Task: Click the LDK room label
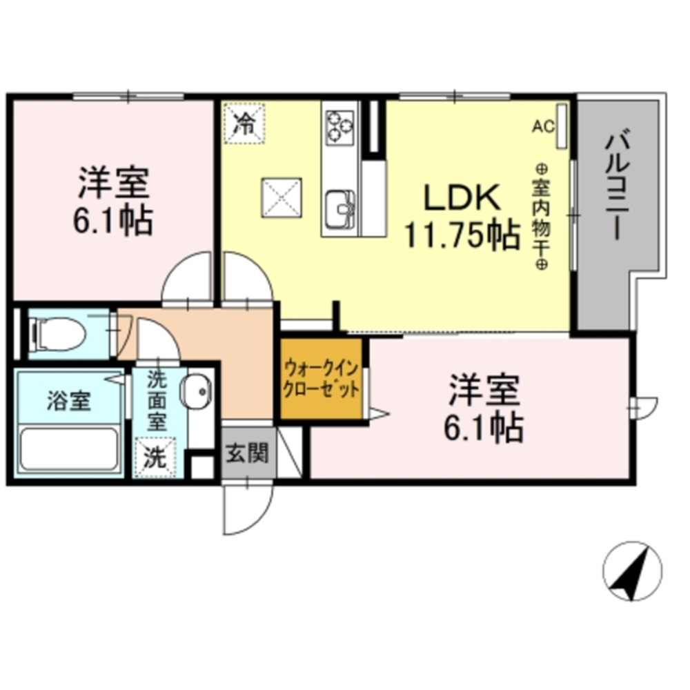click(x=461, y=199)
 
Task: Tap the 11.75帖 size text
click(x=461, y=236)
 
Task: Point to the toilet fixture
click(x=61, y=335)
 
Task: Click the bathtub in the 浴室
click(x=68, y=449)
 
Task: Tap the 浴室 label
click(x=68, y=402)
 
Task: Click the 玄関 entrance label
click(x=247, y=454)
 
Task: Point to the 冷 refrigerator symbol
click(x=243, y=123)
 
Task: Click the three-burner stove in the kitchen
click(x=339, y=125)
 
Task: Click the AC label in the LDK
click(x=543, y=126)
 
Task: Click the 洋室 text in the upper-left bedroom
click(x=112, y=182)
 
